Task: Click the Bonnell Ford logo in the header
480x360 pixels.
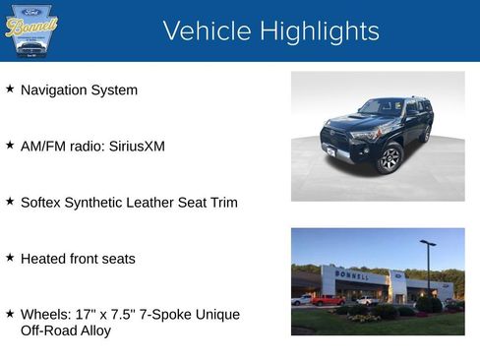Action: (30, 30)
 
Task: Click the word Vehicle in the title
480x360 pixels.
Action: (206, 31)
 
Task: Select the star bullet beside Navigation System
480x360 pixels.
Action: (10, 89)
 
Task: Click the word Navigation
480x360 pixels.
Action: (55, 90)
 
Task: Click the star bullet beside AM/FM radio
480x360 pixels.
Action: (10, 145)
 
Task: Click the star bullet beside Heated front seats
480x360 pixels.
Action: (10, 257)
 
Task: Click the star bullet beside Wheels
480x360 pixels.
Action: (10, 313)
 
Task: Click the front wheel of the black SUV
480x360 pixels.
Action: (390, 157)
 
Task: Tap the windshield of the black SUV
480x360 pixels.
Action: (381, 107)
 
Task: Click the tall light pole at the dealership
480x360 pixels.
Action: (428, 268)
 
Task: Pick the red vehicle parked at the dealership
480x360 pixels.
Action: (328, 300)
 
